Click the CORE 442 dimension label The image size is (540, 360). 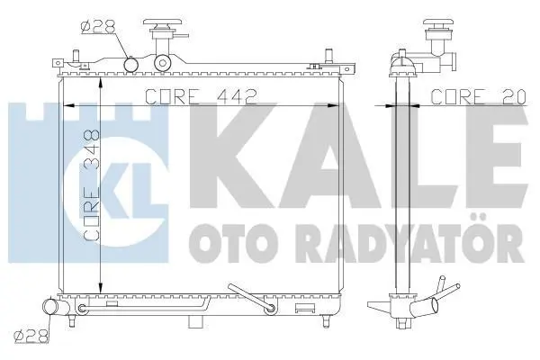[202, 97]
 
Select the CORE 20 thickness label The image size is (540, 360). [479, 97]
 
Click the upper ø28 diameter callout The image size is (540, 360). [98, 26]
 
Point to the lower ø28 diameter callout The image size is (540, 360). [31, 337]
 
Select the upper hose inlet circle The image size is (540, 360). [130, 65]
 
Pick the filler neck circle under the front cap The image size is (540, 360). [163, 62]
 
